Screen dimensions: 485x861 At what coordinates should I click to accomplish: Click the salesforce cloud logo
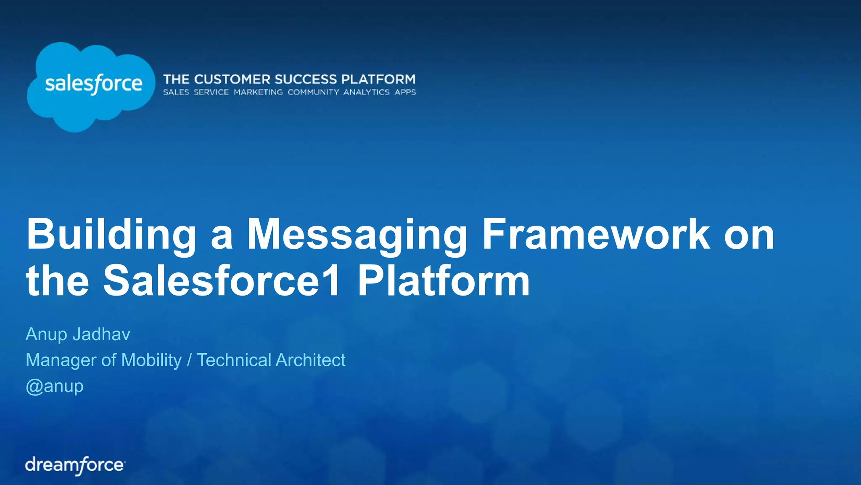90,86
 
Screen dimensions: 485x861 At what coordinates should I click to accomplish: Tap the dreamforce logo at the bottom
75,465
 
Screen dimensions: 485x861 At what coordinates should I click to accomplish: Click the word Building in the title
111,235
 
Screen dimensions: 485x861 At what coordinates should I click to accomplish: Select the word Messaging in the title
357,235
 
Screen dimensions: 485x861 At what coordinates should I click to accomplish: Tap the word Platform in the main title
444,281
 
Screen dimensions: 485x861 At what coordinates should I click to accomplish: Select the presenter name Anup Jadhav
78,334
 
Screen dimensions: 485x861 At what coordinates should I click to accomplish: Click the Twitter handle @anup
55,386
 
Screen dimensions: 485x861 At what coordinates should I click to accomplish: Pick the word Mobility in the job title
151,360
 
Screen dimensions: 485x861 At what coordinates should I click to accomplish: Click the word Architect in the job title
310,360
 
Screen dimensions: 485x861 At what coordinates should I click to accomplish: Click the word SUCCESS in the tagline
306,79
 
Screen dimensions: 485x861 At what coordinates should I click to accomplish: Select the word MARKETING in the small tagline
258,92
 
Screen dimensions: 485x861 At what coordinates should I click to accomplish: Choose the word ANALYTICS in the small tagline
366,92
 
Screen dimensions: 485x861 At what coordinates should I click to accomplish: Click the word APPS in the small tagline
405,92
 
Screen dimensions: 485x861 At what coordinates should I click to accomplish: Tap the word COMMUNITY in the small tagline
313,92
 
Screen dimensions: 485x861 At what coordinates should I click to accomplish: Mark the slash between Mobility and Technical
189,360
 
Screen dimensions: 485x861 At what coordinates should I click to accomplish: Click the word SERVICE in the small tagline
211,92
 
